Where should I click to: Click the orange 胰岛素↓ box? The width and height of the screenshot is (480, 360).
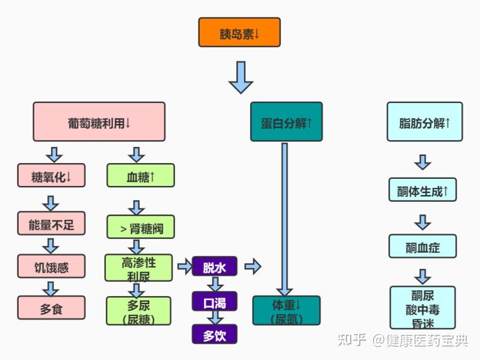point(239,33)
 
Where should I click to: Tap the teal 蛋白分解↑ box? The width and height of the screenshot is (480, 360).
point(286,123)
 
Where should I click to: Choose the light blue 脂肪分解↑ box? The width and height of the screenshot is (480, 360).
point(425,122)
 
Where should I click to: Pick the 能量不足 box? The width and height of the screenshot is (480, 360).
point(51,224)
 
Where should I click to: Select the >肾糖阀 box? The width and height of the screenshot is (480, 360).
point(141,228)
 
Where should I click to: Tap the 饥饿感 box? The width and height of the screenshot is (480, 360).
point(51,266)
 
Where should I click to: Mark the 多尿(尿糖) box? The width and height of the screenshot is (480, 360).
point(139,311)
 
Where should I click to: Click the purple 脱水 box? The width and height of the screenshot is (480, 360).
point(215,267)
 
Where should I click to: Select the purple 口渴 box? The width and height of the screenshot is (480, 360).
point(215,301)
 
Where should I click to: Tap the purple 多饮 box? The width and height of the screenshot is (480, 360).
point(215,334)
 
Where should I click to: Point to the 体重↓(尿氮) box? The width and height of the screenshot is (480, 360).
point(286,311)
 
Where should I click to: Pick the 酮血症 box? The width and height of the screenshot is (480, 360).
point(423,246)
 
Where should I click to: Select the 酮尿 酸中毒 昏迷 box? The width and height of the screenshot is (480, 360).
point(423,307)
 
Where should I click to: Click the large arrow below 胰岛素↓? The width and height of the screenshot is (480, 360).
point(241,77)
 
